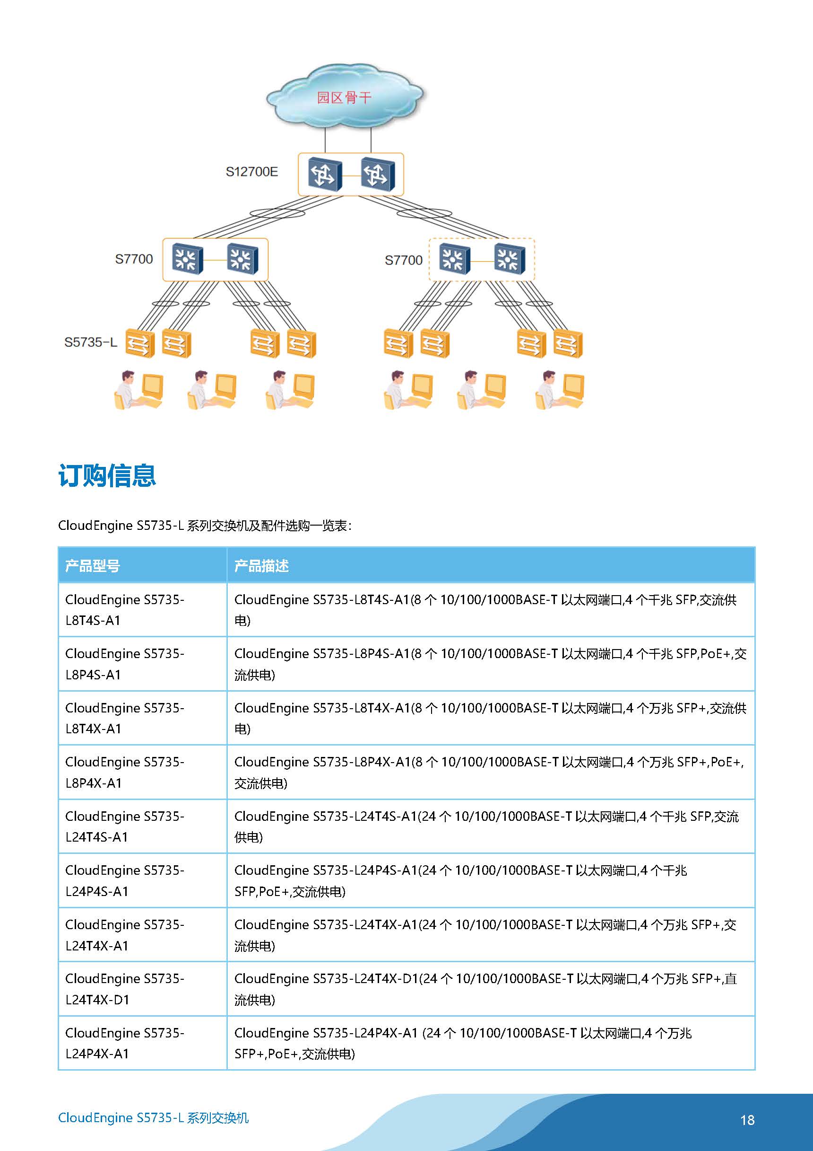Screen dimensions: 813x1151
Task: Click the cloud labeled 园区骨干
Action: pyautogui.click(x=345, y=96)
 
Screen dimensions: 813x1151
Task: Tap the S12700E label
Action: pyautogui.click(x=251, y=172)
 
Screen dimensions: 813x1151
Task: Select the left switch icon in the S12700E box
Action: pyautogui.click(x=325, y=174)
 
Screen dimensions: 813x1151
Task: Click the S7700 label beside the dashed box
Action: pyautogui.click(x=403, y=260)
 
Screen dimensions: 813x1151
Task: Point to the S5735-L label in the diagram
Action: pyautogui.click(x=91, y=343)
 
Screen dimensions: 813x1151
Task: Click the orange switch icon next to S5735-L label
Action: pyautogui.click(x=140, y=343)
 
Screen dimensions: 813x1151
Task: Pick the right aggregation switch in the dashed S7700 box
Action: pyautogui.click(x=510, y=259)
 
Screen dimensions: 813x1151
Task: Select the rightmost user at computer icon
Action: pyautogui.click(x=560, y=390)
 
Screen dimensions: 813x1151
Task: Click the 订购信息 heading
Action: pyautogui.click(x=107, y=475)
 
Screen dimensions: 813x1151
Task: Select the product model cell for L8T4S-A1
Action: pyautogui.click(x=143, y=610)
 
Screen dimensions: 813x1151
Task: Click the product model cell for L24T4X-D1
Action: pyautogui.click(x=143, y=989)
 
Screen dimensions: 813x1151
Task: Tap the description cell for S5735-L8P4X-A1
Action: pyautogui.click(x=491, y=772)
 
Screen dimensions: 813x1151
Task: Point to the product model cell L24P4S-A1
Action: pyautogui.click(x=143, y=880)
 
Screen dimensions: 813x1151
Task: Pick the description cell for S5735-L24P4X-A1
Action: pyautogui.click(x=491, y=1043)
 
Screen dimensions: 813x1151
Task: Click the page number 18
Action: pyautogui.click(x=747, y=1120)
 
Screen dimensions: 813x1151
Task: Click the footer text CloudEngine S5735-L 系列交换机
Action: pyautogui.click(x=153, y=1117)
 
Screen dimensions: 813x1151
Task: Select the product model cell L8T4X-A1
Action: pyautogui.click(x=143, y=718)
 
